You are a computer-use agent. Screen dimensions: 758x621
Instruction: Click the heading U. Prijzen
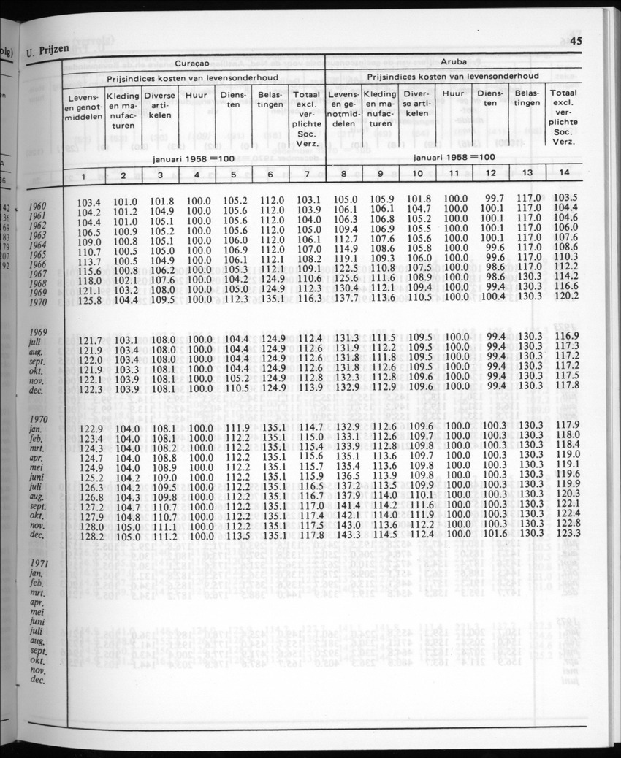(47, 51)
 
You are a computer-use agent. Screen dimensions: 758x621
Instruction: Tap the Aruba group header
(453, 63)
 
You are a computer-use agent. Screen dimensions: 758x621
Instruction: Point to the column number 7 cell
(306, 175)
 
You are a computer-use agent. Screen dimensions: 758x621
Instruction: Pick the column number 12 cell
(491, 174)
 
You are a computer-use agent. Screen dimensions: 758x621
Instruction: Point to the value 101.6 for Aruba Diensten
(494, 533)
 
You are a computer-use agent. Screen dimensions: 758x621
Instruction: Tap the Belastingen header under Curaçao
(270, 100)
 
